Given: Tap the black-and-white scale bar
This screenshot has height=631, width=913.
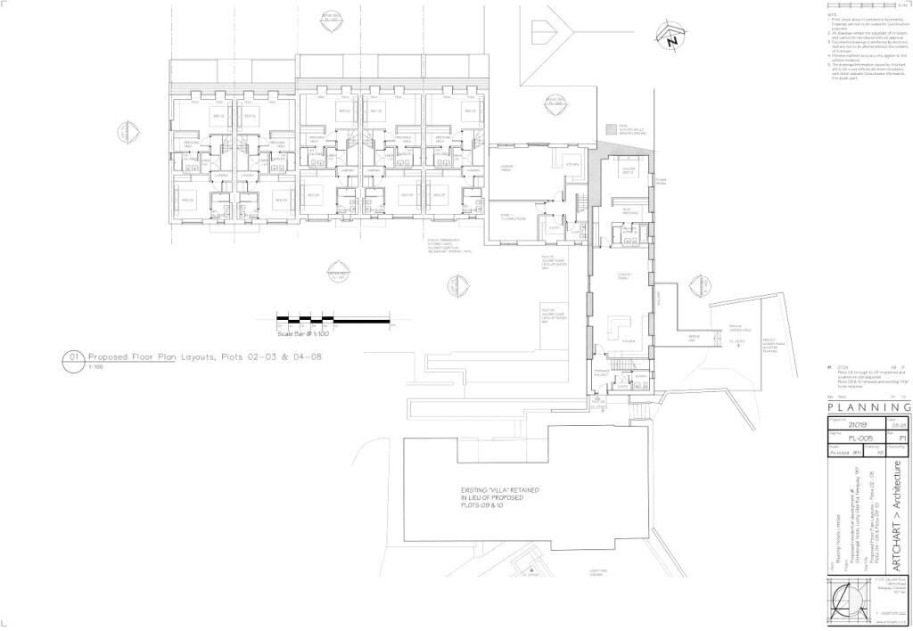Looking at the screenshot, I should point(334,319).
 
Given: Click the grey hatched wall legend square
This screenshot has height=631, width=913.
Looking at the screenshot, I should point(611,127).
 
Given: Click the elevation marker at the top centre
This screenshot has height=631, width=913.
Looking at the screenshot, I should point(331,17).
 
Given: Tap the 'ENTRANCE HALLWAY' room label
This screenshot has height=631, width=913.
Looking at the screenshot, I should point(600,374).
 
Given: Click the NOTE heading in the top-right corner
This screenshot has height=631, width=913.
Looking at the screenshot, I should point(832,13).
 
